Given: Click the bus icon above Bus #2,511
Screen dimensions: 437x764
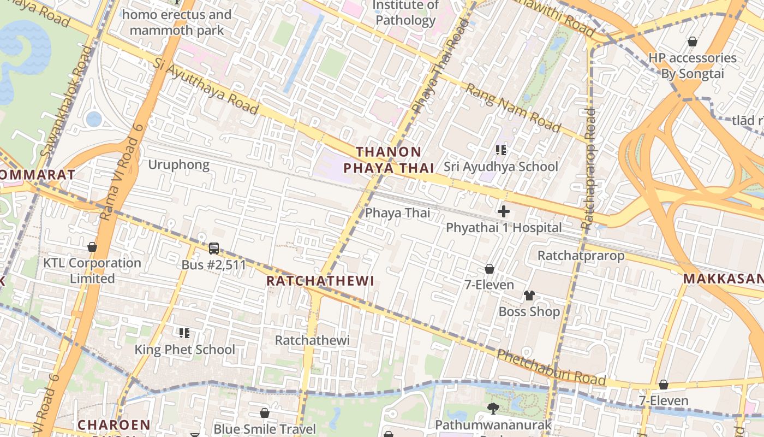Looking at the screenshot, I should [x=214, y=249].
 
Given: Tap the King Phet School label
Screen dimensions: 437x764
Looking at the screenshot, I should [x=185, y=350].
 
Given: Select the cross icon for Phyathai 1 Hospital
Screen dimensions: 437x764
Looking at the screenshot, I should [x=504, y=211].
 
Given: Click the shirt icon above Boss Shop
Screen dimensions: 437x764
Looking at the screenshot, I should [x=529, y=296].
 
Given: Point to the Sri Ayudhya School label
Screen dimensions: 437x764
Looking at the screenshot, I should [x=500, y=167].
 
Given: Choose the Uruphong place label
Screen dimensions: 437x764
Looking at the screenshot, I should [x=178, y=164].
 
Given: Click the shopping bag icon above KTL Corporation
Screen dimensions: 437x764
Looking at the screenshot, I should [x=92, y=247].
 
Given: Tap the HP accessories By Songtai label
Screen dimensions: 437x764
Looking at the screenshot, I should [x=692, y=66].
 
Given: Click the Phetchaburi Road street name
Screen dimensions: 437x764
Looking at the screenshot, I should [x=551, y=368].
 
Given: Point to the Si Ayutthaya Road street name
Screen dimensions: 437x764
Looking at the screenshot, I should [x=206, y=87].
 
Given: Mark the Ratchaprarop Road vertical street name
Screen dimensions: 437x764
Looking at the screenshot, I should [x=589, y=168].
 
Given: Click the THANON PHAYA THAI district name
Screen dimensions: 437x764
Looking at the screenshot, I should [x=395, y=160].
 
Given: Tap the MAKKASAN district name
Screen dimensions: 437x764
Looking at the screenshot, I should [x=723, y=279].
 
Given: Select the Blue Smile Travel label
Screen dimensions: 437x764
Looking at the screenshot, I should [x=265, y=429].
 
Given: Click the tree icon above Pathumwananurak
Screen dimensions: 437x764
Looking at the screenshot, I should [x=493, y=408].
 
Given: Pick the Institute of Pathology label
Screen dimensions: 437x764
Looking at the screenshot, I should [x=405, y=13].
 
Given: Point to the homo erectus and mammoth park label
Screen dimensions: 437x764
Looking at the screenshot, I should [x=176, y=22].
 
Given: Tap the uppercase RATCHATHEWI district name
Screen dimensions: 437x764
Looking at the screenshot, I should [x=320, y=281].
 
